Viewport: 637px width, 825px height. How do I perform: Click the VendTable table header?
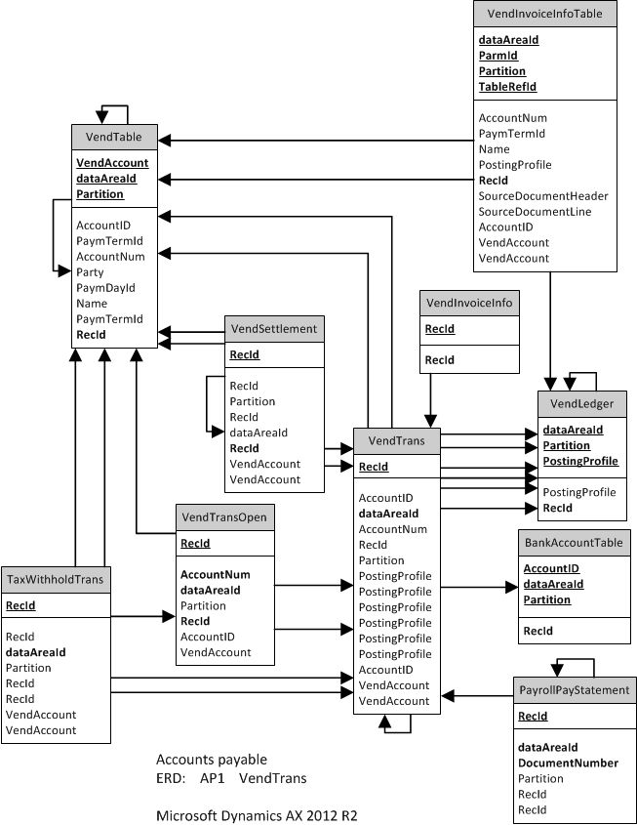click(114, 138)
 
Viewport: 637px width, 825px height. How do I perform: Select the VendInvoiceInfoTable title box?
click(544, 14)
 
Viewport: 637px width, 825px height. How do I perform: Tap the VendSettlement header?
click(273, 328)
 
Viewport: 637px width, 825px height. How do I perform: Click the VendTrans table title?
click(396, 440)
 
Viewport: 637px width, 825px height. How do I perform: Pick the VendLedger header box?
click(581, 404)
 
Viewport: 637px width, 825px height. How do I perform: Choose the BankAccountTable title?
click(574, 543)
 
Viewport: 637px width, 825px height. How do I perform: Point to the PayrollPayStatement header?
click(574, 690)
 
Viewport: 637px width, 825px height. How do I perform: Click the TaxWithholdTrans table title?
click(55, 579)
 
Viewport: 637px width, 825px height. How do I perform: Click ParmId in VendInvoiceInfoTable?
click(498, 56)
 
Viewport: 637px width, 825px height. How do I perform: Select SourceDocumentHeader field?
click(542, 196)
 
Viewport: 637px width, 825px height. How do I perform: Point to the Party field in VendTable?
click(90, 272)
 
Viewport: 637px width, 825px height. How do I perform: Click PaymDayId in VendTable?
click(105, 288)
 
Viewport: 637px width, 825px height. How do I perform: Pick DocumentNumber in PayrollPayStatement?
click(568, 763)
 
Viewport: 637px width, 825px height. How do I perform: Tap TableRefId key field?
click(507, 87)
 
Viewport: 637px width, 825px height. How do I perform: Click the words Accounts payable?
click(211, 759)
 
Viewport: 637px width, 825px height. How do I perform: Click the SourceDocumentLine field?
click(535, 212)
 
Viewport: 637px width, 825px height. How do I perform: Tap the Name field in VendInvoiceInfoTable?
click(494, 149)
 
